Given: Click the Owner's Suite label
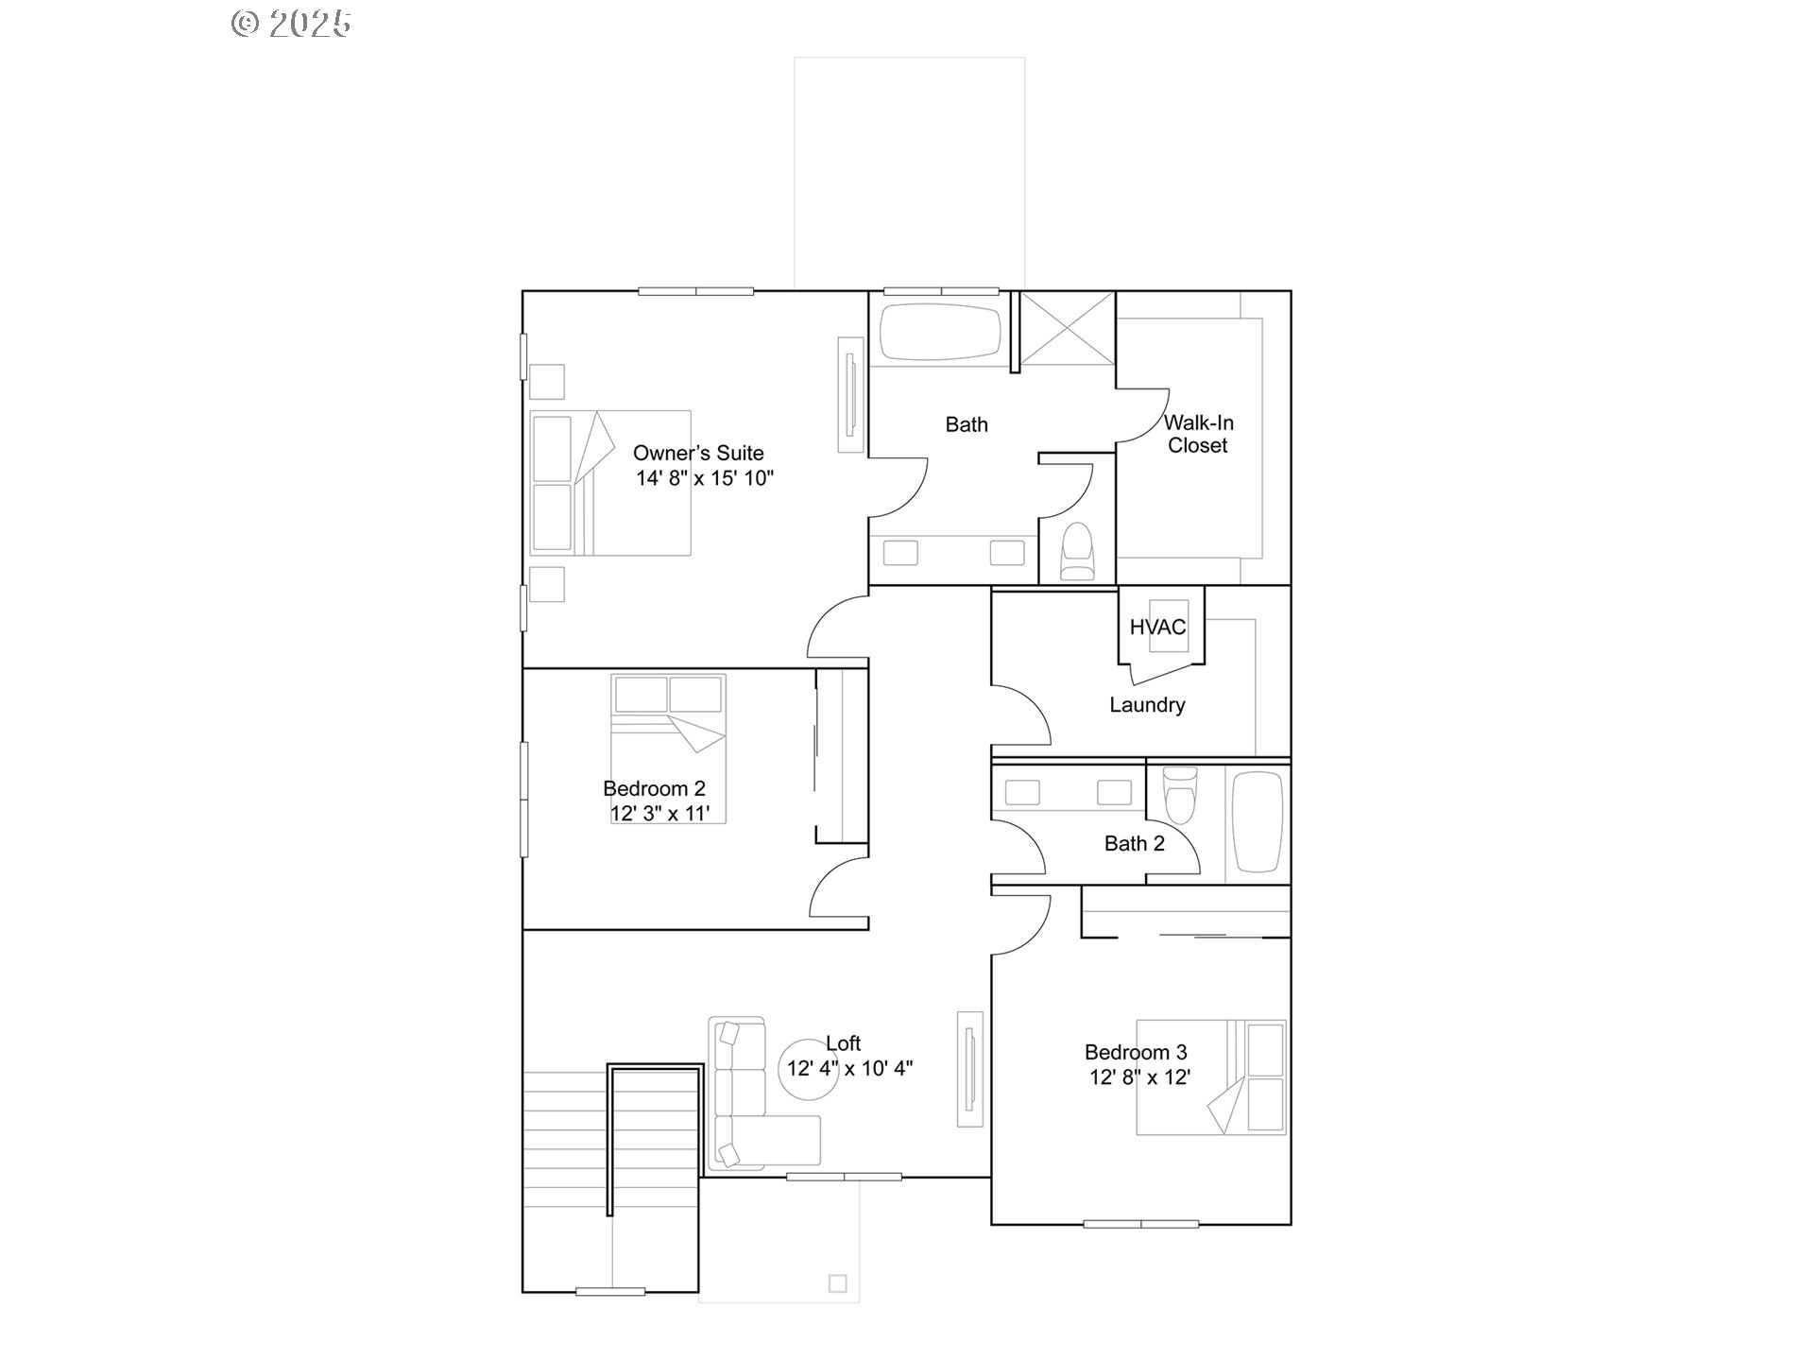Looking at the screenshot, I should click(x=698, y=454).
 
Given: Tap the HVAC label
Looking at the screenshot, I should click(x=1157, y=627).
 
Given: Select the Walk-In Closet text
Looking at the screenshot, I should click(x=1198, y=434).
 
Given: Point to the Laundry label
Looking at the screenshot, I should click(x=1147, y=705).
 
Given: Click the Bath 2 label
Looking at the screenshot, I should click(x=1134, y=843).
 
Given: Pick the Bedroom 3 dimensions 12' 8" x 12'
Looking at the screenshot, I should click(x=1139, y=1077).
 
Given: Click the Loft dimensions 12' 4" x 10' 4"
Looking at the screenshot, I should click(x=849, y=1069).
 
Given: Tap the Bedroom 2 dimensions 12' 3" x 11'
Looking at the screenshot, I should click(x=659, y=814).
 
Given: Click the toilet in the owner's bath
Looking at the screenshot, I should click(x=1077, y=552).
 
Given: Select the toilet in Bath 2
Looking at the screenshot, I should click(x=1179, y=796).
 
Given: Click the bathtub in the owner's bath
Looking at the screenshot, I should click(x=939, y=332).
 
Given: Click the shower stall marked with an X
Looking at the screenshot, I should click(x=1068, y=328).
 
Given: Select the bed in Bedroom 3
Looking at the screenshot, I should click(x=1210, y=1077).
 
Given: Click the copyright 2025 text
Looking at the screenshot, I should click(x=291, y=24).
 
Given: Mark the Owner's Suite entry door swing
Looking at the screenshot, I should click(x=837, y=629).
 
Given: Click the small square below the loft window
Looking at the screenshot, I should click(x=837, y=1283).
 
